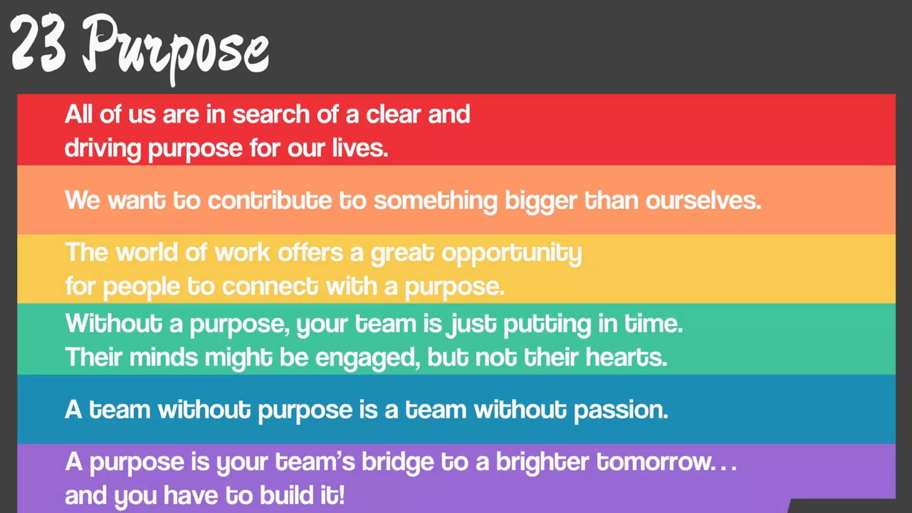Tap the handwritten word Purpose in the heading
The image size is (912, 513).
click(x=176, y=47)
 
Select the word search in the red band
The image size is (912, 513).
click(x=271, y=114)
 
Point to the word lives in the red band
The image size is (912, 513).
click(x=359, y=148)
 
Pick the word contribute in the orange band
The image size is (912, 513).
click(x=269, y=200)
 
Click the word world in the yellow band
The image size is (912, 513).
click(x=147, y=252)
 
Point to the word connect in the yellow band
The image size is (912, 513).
click(x=270, y=286)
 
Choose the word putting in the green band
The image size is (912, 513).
click(x=547, y=324)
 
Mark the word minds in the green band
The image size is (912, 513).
click(x=163, y=357)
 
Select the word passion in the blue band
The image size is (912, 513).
click(x=620, y=410)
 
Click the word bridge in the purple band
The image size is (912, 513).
click(x=397, y=462)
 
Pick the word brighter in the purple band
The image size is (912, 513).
click(x=542, y=462)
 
